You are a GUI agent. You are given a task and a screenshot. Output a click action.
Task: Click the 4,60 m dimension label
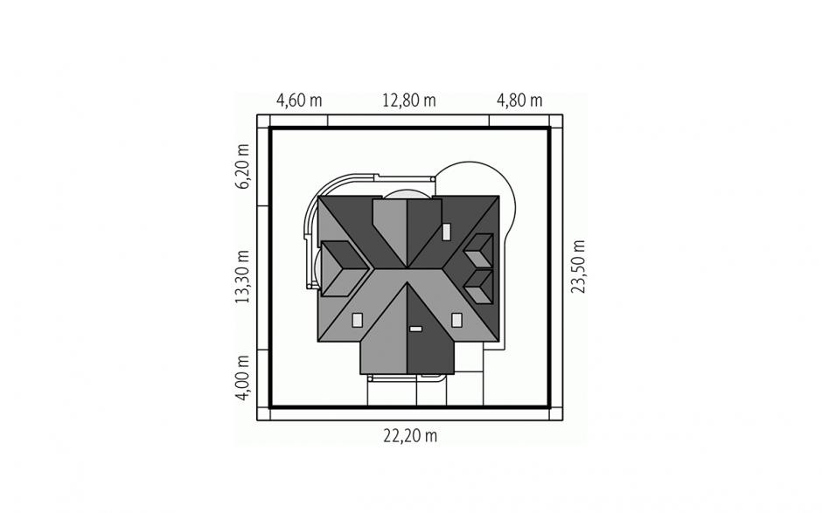click(299, 101)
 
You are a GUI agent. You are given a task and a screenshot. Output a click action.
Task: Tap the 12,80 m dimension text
click(409, 101)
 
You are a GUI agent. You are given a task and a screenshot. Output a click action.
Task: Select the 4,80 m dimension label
click(519, 101)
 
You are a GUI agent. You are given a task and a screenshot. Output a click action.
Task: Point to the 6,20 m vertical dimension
click(243, 166)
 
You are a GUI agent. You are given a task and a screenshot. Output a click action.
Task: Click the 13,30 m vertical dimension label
click(243, 277)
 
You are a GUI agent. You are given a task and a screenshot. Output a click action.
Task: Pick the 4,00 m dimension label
click(243, 378)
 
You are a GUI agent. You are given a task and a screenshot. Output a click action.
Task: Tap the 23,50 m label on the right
click(578, 267)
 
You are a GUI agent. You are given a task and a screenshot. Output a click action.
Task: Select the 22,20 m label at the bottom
click(410, 435)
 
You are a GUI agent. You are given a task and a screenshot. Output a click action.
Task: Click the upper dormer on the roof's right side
click(478, 251)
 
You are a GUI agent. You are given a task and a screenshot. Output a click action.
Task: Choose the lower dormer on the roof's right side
click(478, 287)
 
